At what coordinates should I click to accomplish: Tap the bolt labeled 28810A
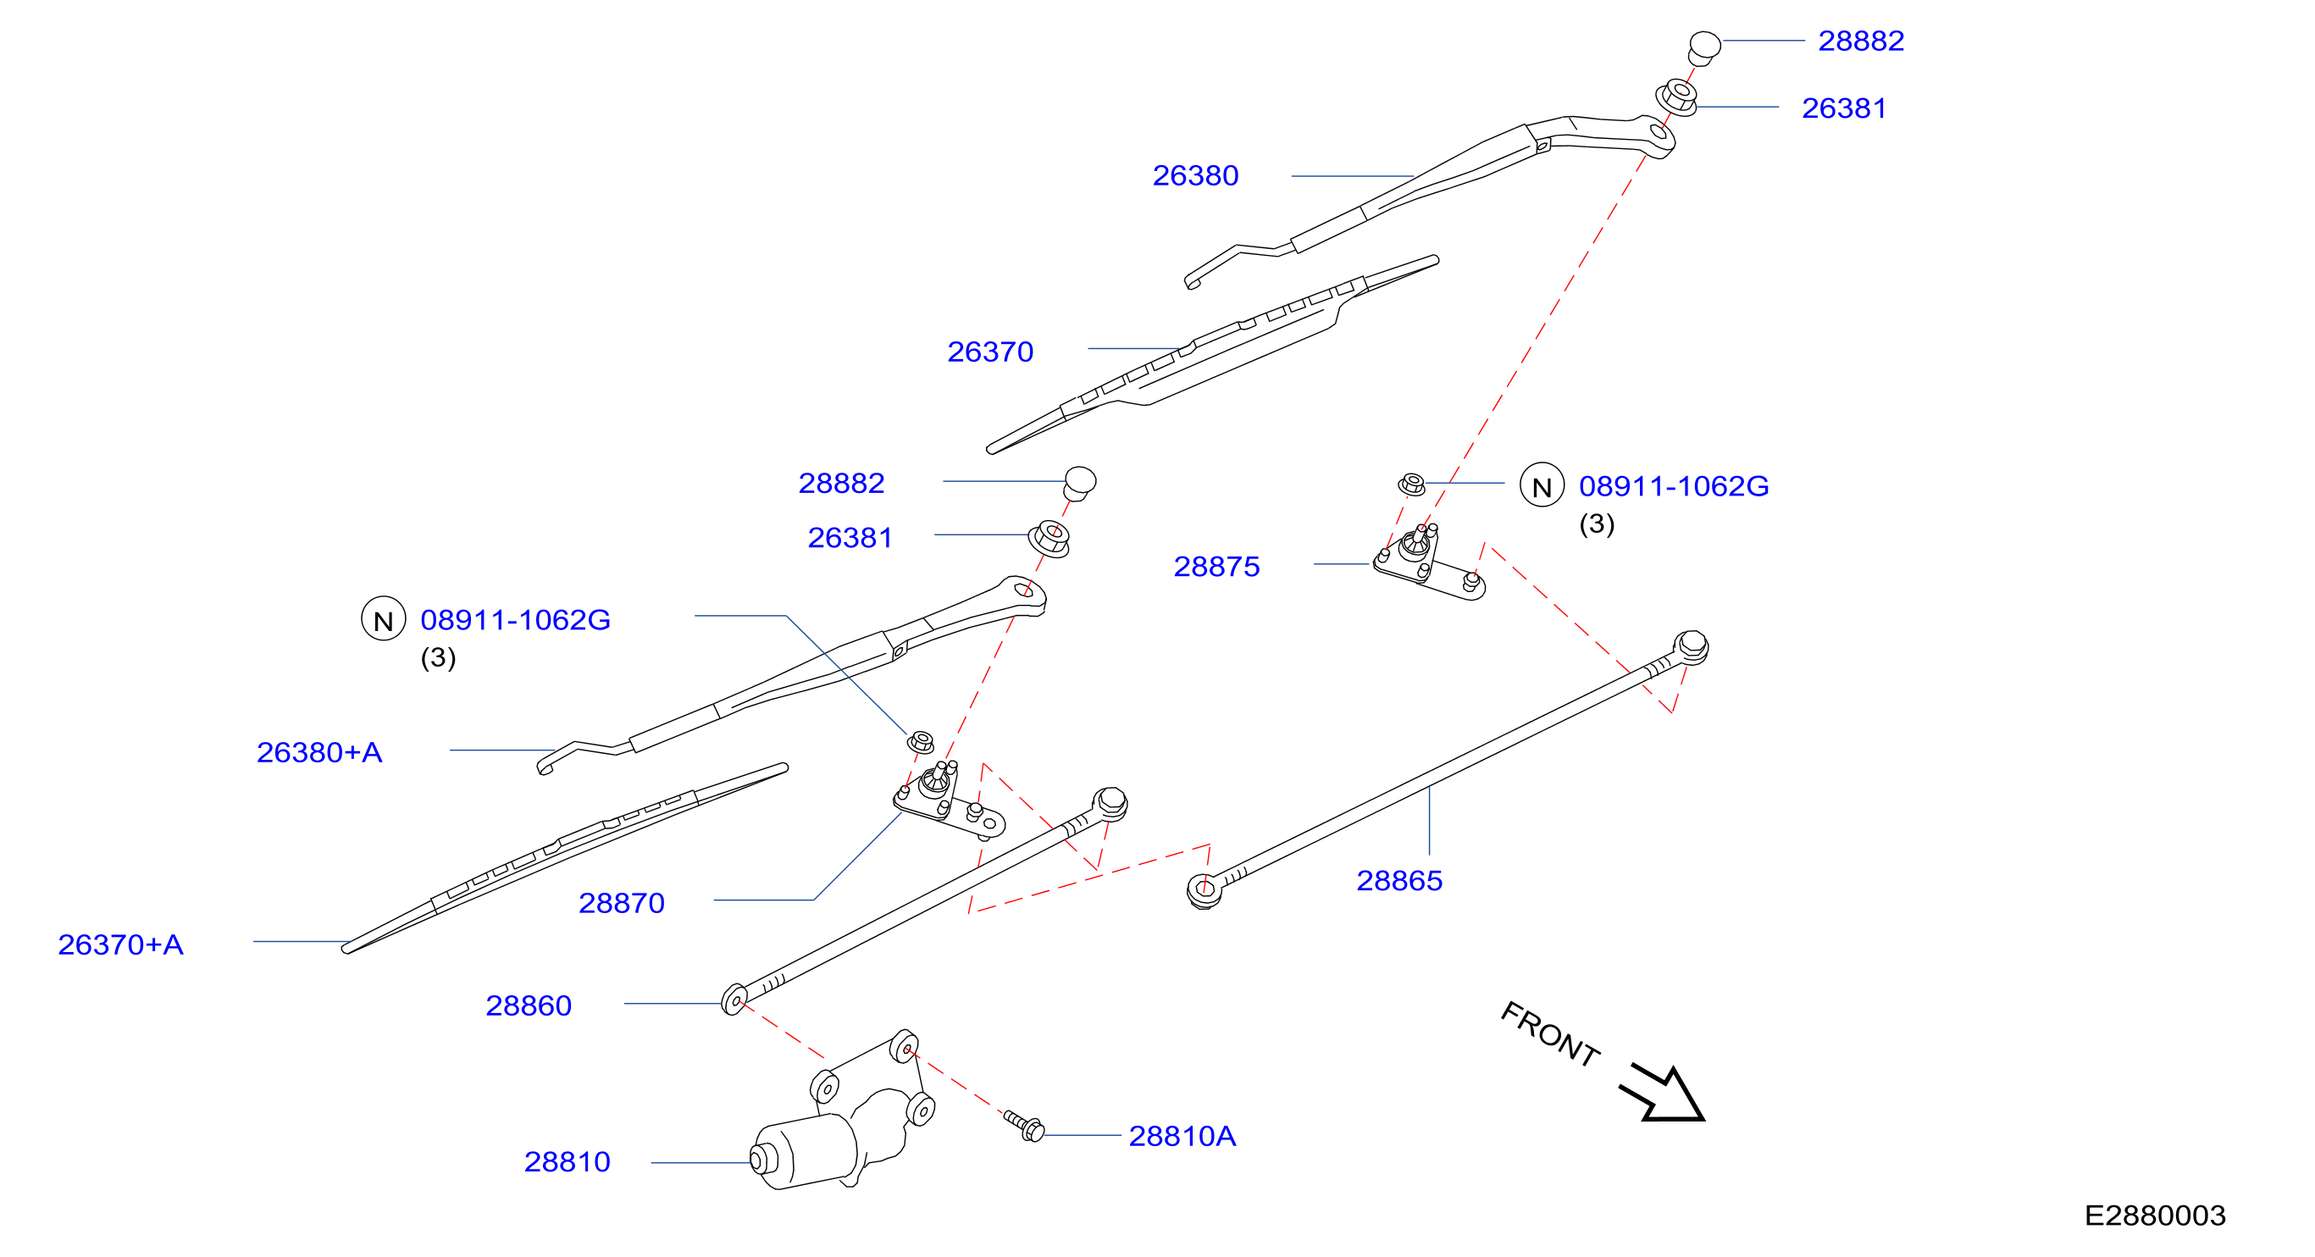[x=1024, y=1125]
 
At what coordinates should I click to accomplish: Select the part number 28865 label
[x=1399, y=881]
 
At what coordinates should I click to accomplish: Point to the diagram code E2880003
[x=2155, y=1215]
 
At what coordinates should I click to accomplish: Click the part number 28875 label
[x=1217, y=566]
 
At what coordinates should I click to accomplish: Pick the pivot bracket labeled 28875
[x=1429, y=563]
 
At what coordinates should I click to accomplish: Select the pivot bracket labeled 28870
[x=949, y=801]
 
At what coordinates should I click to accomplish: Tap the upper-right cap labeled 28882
[x=1704, y=47]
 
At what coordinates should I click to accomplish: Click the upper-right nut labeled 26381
[x=1677, y=97]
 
